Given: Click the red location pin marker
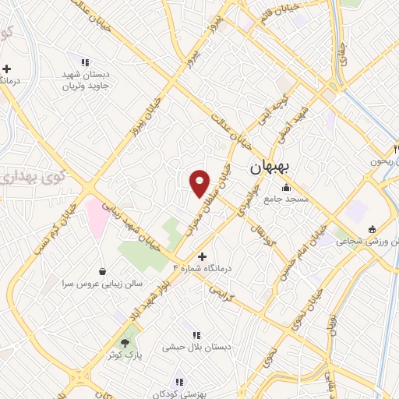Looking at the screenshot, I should (200, 183).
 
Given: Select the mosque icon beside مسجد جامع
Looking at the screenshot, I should (287, 187).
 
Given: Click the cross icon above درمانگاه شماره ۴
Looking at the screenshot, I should (201, 256).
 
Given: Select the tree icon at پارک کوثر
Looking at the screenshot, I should (124, 343).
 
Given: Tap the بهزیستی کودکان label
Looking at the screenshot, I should (180, 394).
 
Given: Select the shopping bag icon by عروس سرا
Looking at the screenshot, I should (104, 271).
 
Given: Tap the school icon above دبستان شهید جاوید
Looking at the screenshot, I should (86, 62).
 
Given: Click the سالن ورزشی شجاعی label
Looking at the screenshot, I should (366, 242).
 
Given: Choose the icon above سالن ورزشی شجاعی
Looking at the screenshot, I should (371, 229).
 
